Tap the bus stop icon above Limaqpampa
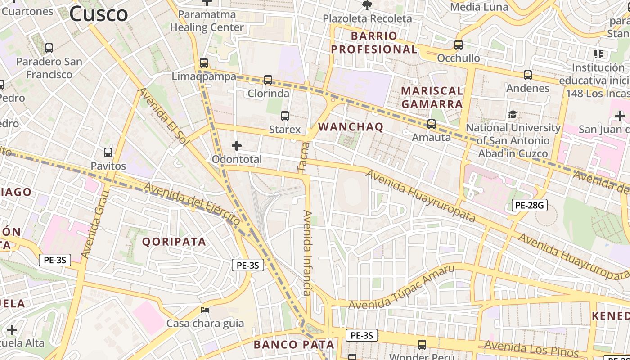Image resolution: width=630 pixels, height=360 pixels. (x=204, y=63)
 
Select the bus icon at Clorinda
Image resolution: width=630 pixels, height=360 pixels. (x=268, y=80)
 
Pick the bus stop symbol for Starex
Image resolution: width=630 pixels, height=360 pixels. (x=285, y=116)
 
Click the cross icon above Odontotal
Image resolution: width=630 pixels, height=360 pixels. (x=237, y=145)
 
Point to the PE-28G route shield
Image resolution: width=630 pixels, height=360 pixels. (x=530, y=206)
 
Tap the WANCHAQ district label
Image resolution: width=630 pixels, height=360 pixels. (x=351, y=127)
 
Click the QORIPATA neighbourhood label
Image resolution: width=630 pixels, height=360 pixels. (x=174, y=242)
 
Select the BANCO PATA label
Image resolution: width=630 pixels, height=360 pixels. (x=294, y=345)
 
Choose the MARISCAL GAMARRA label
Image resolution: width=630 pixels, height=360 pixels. (x=432, y=97)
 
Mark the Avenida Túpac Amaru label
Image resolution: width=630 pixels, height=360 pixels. (x=401, y=288)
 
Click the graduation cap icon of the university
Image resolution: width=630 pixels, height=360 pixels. (x=513, y=115)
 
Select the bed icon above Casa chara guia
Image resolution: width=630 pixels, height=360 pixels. (x=205, y=310)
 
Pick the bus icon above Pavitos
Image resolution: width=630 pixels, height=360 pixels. (x=108, y=152)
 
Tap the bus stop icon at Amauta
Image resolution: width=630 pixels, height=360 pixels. (x=432, y=124)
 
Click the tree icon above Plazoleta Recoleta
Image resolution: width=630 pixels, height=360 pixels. (x=367, y=5)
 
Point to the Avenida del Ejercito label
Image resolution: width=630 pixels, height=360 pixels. (x=193, y=204)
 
